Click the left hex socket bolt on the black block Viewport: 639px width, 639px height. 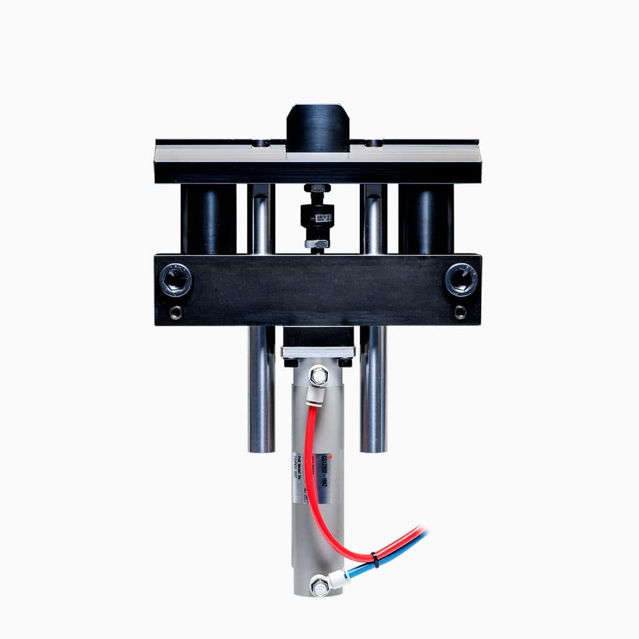click(175, 280)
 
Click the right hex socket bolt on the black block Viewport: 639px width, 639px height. click(461, 280)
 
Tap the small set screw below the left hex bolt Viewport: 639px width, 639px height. click(176, 312)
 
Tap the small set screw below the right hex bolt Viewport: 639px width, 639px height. click(461, 312)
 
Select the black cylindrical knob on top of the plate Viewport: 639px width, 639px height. click(318, 128)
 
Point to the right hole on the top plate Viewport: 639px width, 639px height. click(373, 143)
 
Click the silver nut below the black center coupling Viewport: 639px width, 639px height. click(317, 243)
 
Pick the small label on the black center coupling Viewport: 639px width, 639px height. click(324, 218)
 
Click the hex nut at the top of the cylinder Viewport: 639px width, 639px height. click(319, 376)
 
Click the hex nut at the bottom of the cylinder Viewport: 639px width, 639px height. click(320, 586)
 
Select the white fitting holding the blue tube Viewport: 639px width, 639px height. click(339, 579)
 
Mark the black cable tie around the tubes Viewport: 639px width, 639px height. click(374, 559)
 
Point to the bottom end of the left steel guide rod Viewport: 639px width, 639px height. click(261, 447)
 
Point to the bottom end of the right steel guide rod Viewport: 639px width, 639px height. click(373, 447)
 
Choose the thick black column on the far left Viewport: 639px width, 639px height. click(208, 218)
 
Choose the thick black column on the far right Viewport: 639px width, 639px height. click(426, 218)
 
